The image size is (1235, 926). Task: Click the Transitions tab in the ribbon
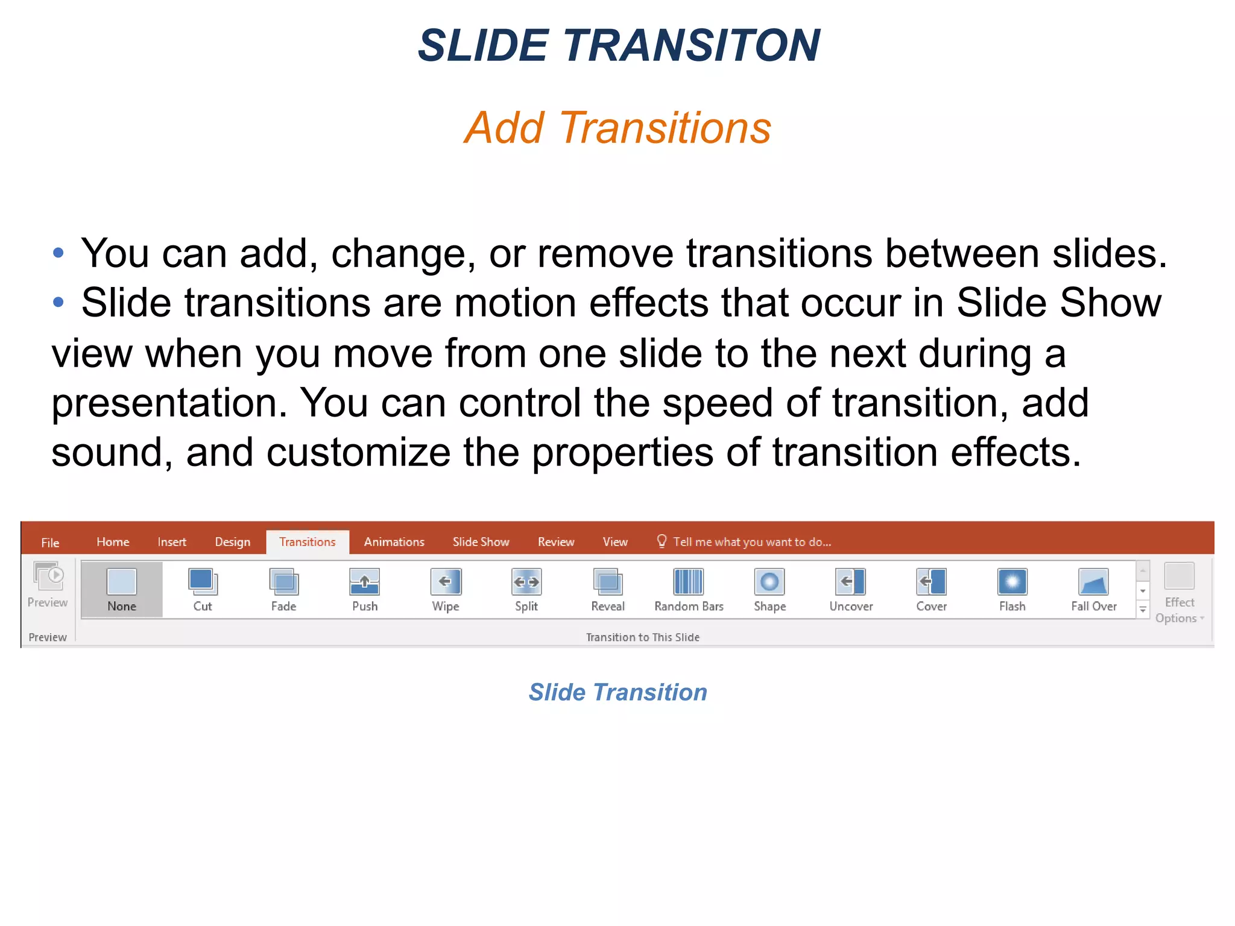[307, 542]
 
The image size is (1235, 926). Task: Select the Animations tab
[394, 542]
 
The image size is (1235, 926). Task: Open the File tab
[50, 543]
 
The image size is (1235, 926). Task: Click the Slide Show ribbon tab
[481, 542]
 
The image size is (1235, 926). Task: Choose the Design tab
[232, 542]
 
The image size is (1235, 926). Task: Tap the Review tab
[555, 542]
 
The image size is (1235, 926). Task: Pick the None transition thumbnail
[122, 582]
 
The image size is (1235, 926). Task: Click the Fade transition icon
[283, 582]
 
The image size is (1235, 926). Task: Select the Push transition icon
[365, 582]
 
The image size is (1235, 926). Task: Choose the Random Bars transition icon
[689, 582]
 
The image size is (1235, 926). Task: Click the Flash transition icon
[1012, 582]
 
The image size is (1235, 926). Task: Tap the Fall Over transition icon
[1093, 582]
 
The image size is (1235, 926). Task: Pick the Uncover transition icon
[851, 582]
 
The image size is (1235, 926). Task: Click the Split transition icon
[526, 582]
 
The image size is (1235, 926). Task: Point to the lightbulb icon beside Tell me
[662, 541]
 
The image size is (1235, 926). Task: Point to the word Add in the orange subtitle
[505, 128]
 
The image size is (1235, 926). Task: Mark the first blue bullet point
[58, 253]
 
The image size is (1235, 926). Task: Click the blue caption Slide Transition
[617, 692]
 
